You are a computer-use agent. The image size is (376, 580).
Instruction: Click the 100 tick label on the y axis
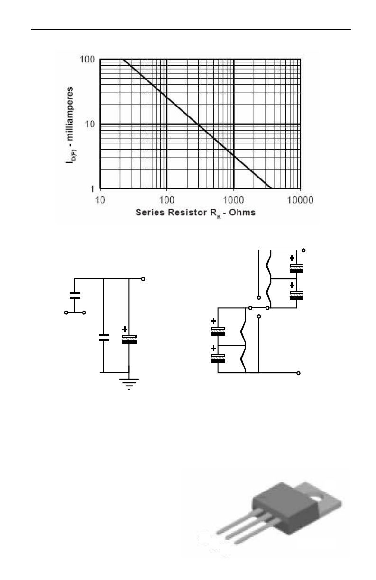[x=87, y=59]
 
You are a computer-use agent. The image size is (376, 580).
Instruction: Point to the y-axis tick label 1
[x=92, y=189]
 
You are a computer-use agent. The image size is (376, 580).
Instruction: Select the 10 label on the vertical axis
[x=90, y=124]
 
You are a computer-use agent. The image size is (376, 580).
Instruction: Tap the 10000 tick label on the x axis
[x=300, y=200]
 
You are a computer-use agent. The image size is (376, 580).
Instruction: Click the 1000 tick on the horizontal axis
[x=233, y=200]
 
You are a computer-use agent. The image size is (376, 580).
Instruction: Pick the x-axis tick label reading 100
[x=167, y=200]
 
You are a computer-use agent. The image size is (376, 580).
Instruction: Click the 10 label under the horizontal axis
[x=100, y=200]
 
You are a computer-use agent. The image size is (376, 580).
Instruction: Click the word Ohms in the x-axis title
[x=242, y=212]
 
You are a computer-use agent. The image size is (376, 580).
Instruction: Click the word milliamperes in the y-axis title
[x=70, y=114]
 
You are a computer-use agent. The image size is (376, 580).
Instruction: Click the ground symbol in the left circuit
[x=129, y=384]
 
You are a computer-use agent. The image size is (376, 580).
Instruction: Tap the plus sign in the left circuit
[x=125, y=330]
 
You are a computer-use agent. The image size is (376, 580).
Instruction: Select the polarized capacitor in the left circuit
[x=129, y=339]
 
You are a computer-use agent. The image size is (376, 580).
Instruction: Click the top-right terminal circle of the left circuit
[x=143, y=279]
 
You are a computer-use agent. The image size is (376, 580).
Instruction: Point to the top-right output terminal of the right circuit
[x=303, y=250]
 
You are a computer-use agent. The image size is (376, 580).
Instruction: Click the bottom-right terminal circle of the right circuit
[x=298, y=373]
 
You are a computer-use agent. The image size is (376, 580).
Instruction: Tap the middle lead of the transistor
[x=249, y=528]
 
